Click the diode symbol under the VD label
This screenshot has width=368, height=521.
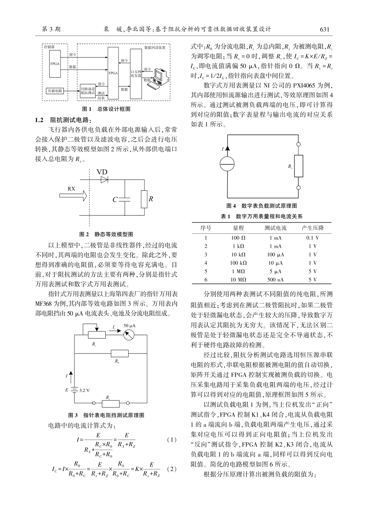coord(104,180)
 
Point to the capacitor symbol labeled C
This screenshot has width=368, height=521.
coord(125,199)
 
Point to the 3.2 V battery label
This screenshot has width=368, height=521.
coord(84,390)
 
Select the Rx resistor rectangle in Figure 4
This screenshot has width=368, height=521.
coord(298,166)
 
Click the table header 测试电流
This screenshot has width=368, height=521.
coord(275,228)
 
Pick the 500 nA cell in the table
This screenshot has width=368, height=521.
coord(275,279)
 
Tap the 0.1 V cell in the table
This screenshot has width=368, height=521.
coord(312,238)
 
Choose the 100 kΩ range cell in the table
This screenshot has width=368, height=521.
coord(238,263)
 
